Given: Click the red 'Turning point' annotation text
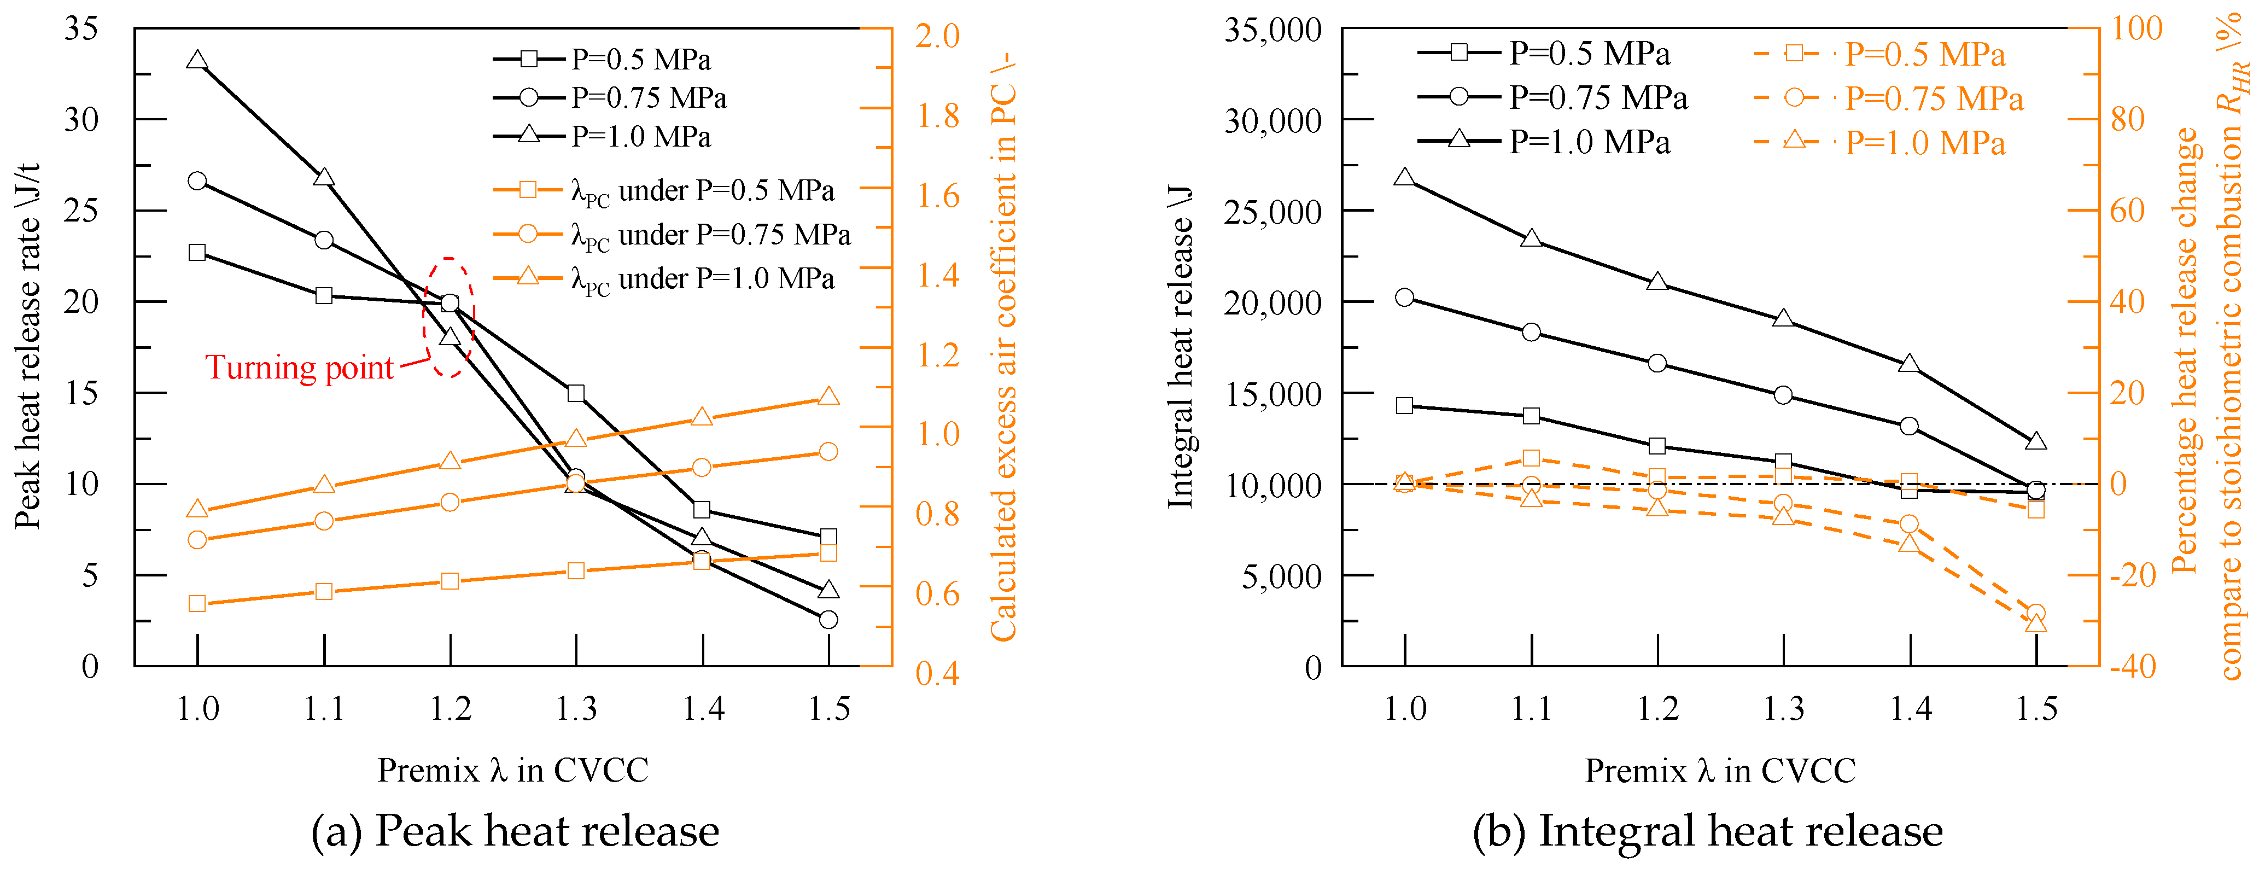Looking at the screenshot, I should coord(299,368).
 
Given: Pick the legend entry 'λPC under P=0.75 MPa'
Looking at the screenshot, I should coord(673,235).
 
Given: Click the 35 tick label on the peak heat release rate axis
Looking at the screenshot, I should coord(81,29).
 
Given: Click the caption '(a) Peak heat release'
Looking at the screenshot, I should coord(515,831).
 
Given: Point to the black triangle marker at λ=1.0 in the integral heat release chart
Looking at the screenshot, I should coord(1404,178).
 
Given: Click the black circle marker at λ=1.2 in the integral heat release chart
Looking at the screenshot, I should coord(1657,363).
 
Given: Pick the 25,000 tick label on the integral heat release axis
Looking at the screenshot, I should coord(1272,212).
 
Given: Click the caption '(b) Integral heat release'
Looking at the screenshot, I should coord(1708,831).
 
